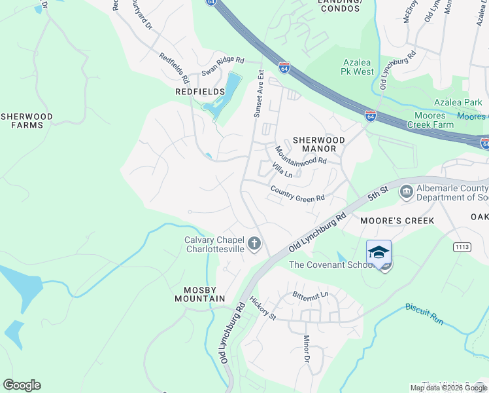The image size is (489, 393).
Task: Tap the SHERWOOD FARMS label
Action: point(26,121)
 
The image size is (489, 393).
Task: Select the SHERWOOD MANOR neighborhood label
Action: point(318,144)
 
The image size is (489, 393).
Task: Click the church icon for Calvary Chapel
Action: point(255,244)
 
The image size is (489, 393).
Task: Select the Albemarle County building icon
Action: point(406,191)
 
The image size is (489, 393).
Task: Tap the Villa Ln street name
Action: point(282,171)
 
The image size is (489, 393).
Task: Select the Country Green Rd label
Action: point(297,194)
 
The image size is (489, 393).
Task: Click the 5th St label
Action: point(378,195)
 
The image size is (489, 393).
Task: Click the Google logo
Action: point(22,385)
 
